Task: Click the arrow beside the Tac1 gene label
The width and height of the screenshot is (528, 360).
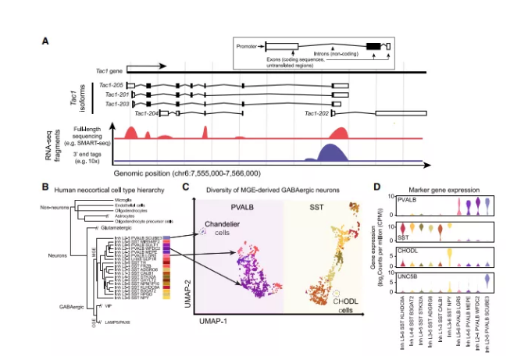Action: (x=145, y=67)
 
